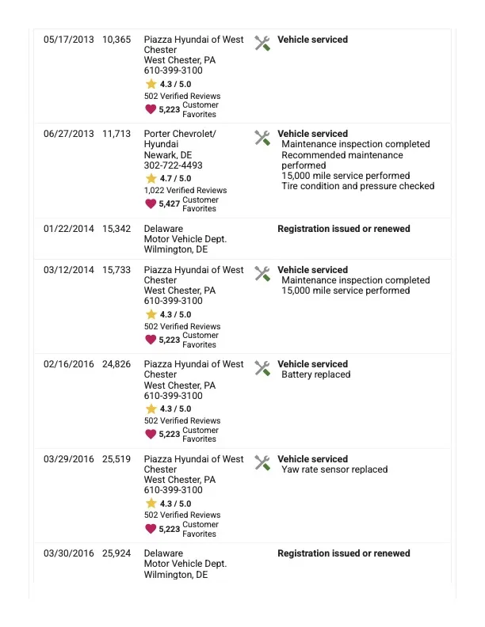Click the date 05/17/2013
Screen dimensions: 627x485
point(68,40)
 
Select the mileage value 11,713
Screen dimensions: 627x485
point(116,134)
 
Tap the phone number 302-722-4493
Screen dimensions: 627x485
point(173,165)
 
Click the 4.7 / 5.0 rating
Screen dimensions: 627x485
point(175,179)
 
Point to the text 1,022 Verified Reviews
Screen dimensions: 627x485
point(185,191)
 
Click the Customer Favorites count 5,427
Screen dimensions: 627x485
point(170,204)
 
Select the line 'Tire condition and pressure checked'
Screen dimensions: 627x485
point(357,186)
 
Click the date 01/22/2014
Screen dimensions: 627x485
point(68,229)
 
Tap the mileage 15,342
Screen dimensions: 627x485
point(116,229)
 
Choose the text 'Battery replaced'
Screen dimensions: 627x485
point(315,374)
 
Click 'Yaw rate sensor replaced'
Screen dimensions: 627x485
point(334,469)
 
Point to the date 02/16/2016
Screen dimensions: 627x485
point(68,364)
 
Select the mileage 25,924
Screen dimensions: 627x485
point(116,553)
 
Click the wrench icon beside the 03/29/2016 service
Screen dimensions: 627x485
point(262,462)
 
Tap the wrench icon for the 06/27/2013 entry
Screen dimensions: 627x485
point(262,138)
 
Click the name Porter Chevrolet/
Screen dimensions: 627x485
point(180,134)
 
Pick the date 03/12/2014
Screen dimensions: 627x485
point(68,270)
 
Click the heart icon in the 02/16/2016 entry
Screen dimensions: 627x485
point(151,434)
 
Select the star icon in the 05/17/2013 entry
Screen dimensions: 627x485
point(151,84)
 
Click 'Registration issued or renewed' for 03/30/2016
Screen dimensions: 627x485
point(343,553)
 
